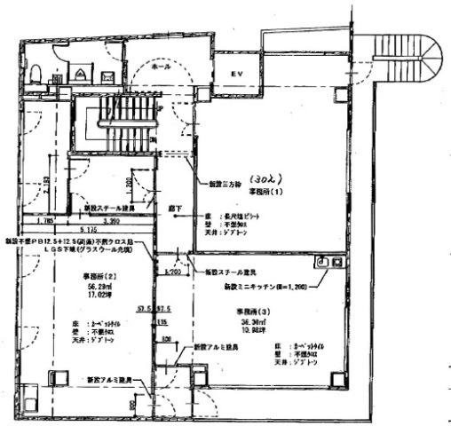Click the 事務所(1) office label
[265, 190]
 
